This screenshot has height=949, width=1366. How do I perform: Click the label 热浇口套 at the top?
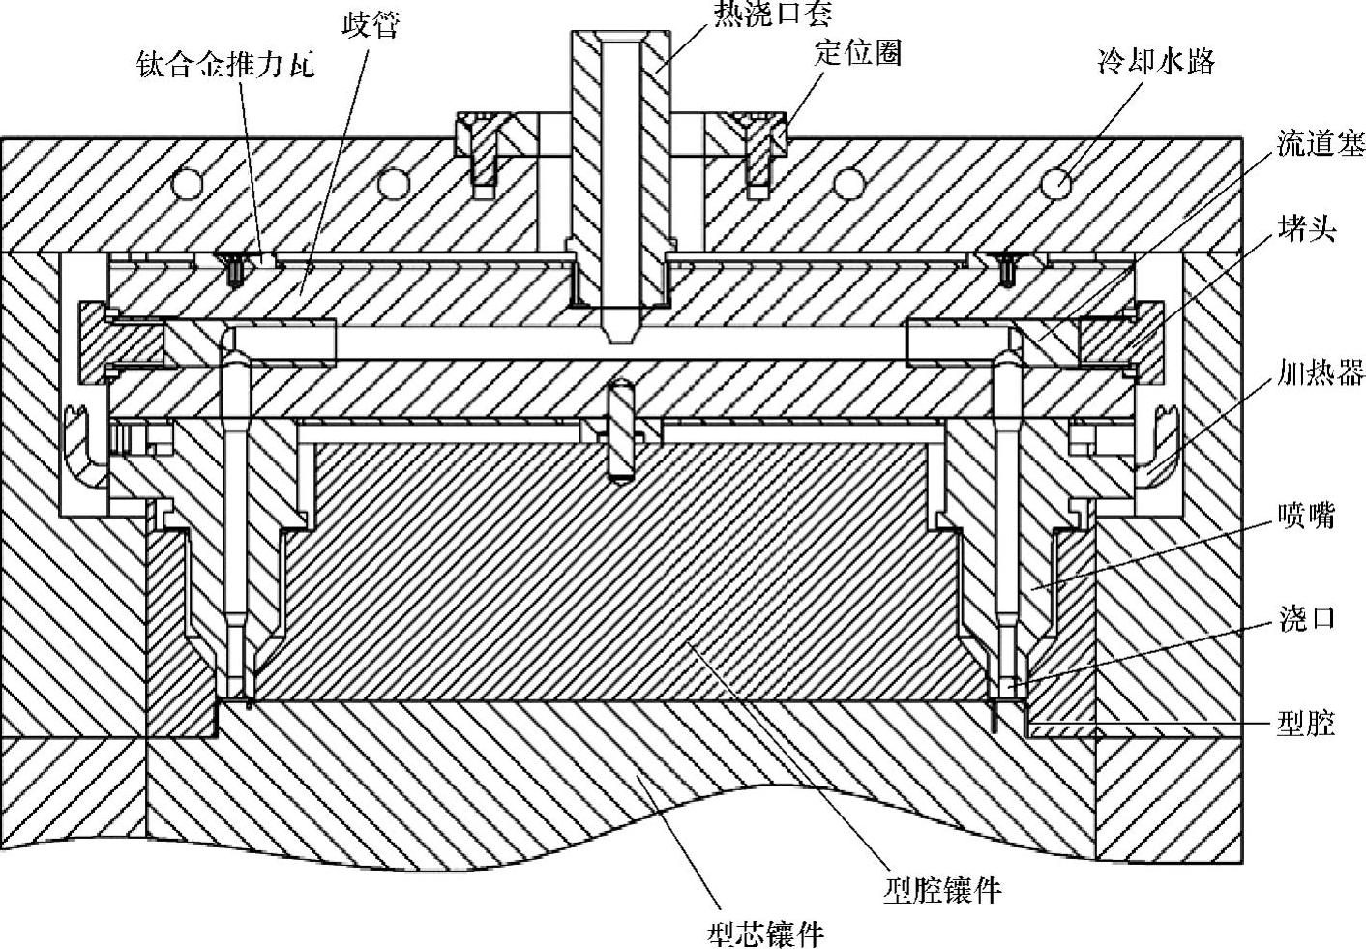click(x=772, y=13)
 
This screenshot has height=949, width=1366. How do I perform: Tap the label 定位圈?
click(x=857, y=52)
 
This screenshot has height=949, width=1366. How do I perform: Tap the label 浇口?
click(x=1306, y=618)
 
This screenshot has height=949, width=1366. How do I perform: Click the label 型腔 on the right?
click(x=1306, y=723)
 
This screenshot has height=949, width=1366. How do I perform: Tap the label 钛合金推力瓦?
click(x=226, y=66)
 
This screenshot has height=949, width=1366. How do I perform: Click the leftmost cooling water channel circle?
click(x=188, y=182)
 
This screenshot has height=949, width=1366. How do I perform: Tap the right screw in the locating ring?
click(x=755, y=155)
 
